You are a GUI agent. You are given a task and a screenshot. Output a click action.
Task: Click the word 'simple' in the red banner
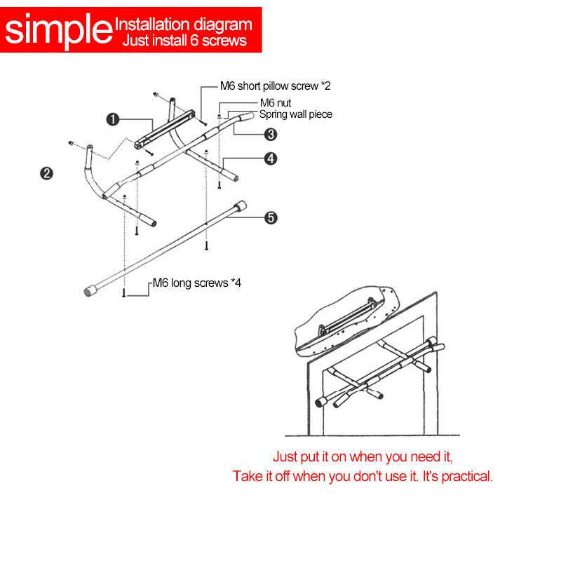click(59, 31)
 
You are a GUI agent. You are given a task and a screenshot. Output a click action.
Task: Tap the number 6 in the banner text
click(194, 41)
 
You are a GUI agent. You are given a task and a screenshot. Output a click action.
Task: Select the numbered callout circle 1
click(113, 119)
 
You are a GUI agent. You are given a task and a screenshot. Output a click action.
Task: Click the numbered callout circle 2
click(46, 173)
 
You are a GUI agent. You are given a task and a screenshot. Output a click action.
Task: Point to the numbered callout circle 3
click(271, 135)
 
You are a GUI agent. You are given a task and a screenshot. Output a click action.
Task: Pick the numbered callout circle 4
click(271, 158)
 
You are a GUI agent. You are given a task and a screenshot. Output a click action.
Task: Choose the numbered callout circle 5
click(271, 217)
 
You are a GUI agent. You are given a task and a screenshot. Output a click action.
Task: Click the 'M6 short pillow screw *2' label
click(275, 86)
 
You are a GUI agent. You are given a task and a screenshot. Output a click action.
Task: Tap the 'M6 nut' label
click(276, 103)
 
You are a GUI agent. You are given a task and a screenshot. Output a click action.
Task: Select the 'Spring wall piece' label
click(296, 114)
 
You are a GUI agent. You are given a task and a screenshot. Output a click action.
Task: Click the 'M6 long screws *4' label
click(197, 283)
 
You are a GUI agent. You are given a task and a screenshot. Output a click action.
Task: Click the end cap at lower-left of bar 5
click(90, 290)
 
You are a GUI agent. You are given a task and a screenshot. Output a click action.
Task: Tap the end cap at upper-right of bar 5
click(240, 206)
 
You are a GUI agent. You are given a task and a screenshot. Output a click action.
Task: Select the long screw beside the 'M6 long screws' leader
click(124, 292)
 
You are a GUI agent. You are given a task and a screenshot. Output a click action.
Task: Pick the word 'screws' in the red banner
click(224, 41)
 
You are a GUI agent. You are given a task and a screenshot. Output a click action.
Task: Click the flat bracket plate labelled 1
click(165, 129)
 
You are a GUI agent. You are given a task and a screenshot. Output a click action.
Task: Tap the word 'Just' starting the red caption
click(285, 457)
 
